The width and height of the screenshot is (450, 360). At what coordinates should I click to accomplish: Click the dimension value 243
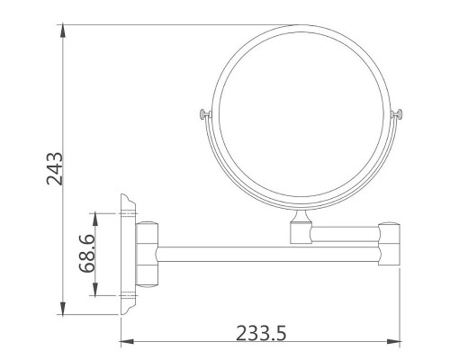[55, 168]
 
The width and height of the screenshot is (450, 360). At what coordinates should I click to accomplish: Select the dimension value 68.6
[87, 254]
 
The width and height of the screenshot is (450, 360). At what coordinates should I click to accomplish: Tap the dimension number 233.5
[261, 333]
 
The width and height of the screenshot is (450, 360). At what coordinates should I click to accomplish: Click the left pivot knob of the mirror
[205, 114]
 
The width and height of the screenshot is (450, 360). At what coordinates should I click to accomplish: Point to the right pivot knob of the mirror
[396, 114]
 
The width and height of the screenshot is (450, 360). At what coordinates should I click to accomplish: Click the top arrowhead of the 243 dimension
[63, 31]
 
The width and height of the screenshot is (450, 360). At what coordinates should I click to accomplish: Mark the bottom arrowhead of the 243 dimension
[63, 309]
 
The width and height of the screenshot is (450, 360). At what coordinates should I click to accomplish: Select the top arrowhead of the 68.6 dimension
[95, 220]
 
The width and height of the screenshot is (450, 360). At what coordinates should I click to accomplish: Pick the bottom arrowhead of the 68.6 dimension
[95, 290]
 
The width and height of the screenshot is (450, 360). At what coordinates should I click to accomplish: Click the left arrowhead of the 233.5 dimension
[127, 341]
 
